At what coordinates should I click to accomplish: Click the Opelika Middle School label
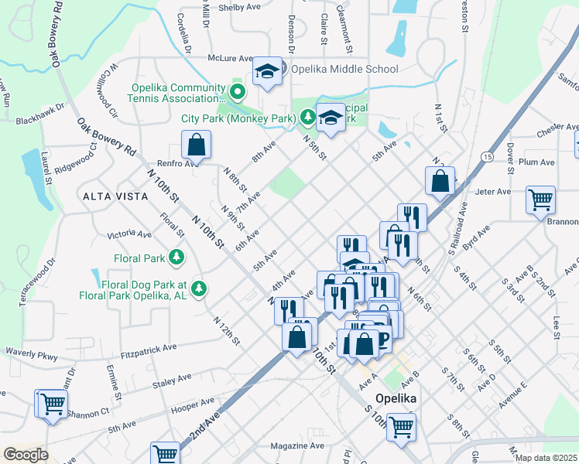click(x=344, y=69)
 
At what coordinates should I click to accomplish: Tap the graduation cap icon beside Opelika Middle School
click(x=268, y=72)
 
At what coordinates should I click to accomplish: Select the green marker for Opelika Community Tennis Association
click(x=238, y=94)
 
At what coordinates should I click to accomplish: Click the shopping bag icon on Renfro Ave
click(x=197, y=145)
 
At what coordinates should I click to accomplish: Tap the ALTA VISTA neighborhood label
click(x=114, y=197)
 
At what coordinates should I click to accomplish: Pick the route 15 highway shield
click(x=486, y=157)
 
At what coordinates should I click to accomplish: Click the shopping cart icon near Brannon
click(x=540, y=200)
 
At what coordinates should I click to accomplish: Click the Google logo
click(x=26, y=455)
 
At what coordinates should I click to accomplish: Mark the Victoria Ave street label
click(x=130, y=234)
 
